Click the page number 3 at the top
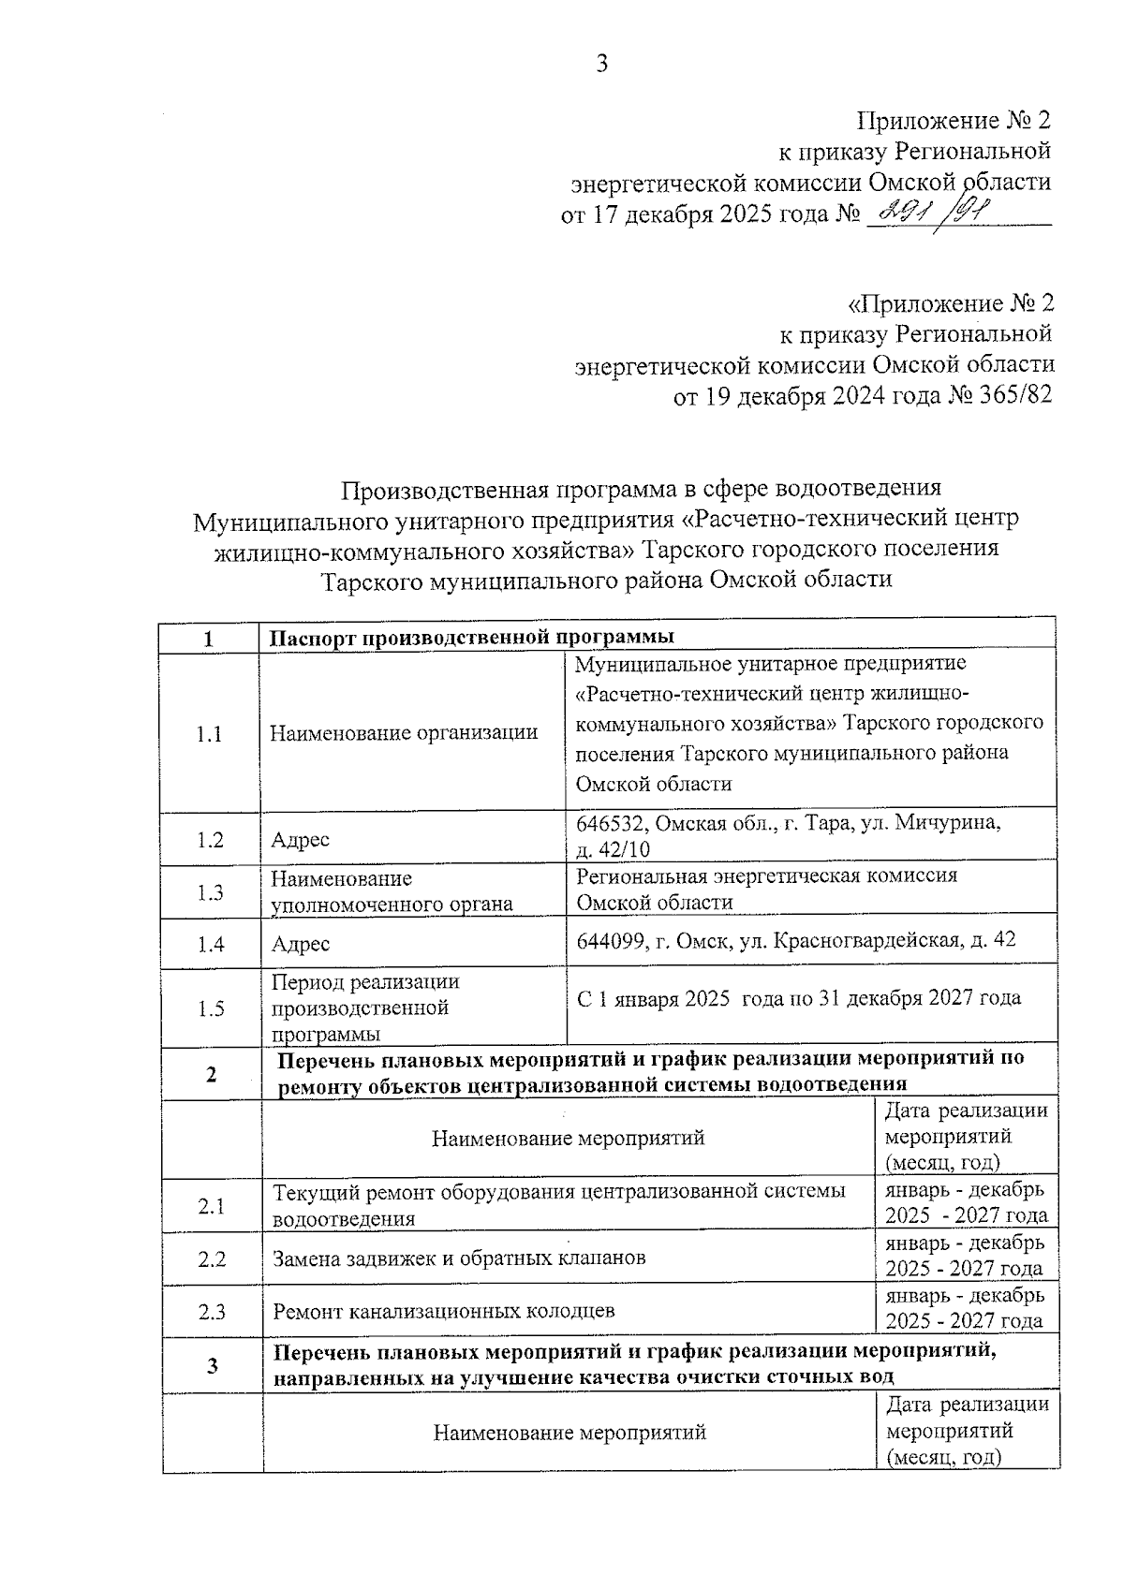[602, 64]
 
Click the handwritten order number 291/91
[937, 213]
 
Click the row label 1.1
[210, 733]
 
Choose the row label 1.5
[212, 1008]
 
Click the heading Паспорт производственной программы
[472, 638]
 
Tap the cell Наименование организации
[404, 732]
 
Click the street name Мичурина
[948, 823]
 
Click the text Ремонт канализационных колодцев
[444, 1311]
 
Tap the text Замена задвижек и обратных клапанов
[459, 1258]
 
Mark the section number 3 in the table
[213, 1365]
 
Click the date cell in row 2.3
[965, 1309]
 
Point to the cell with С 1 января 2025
[798, 998]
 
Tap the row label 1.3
[211, 892]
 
